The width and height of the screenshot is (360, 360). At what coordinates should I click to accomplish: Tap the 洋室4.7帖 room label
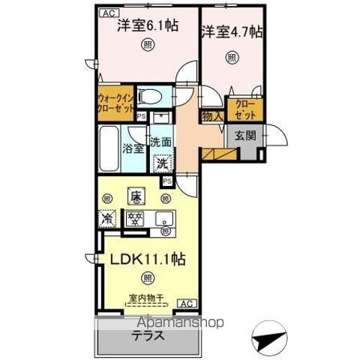(x=231, y=32)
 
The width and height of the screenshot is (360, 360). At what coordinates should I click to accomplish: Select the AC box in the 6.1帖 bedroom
(x=107, y=13)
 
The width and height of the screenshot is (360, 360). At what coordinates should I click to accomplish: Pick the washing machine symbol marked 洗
(x=163, y=162)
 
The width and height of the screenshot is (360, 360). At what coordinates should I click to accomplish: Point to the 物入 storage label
(x=211, y=116)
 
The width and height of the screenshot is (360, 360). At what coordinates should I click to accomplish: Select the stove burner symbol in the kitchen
(x=136, y=220)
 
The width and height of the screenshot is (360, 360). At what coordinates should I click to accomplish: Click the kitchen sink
(x=165, y=220)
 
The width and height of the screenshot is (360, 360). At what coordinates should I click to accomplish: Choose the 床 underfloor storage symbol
(x=136, y=198)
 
